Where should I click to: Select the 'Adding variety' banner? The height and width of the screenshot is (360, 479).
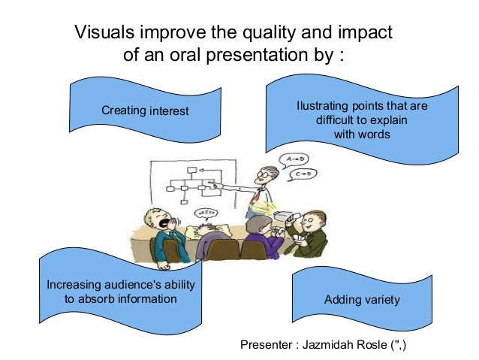point(361,300)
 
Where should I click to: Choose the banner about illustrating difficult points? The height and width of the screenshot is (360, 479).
point(361,119)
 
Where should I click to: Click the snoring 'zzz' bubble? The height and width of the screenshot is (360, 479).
point(206,213)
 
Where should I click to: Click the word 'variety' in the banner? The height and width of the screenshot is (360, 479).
point(381,300)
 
